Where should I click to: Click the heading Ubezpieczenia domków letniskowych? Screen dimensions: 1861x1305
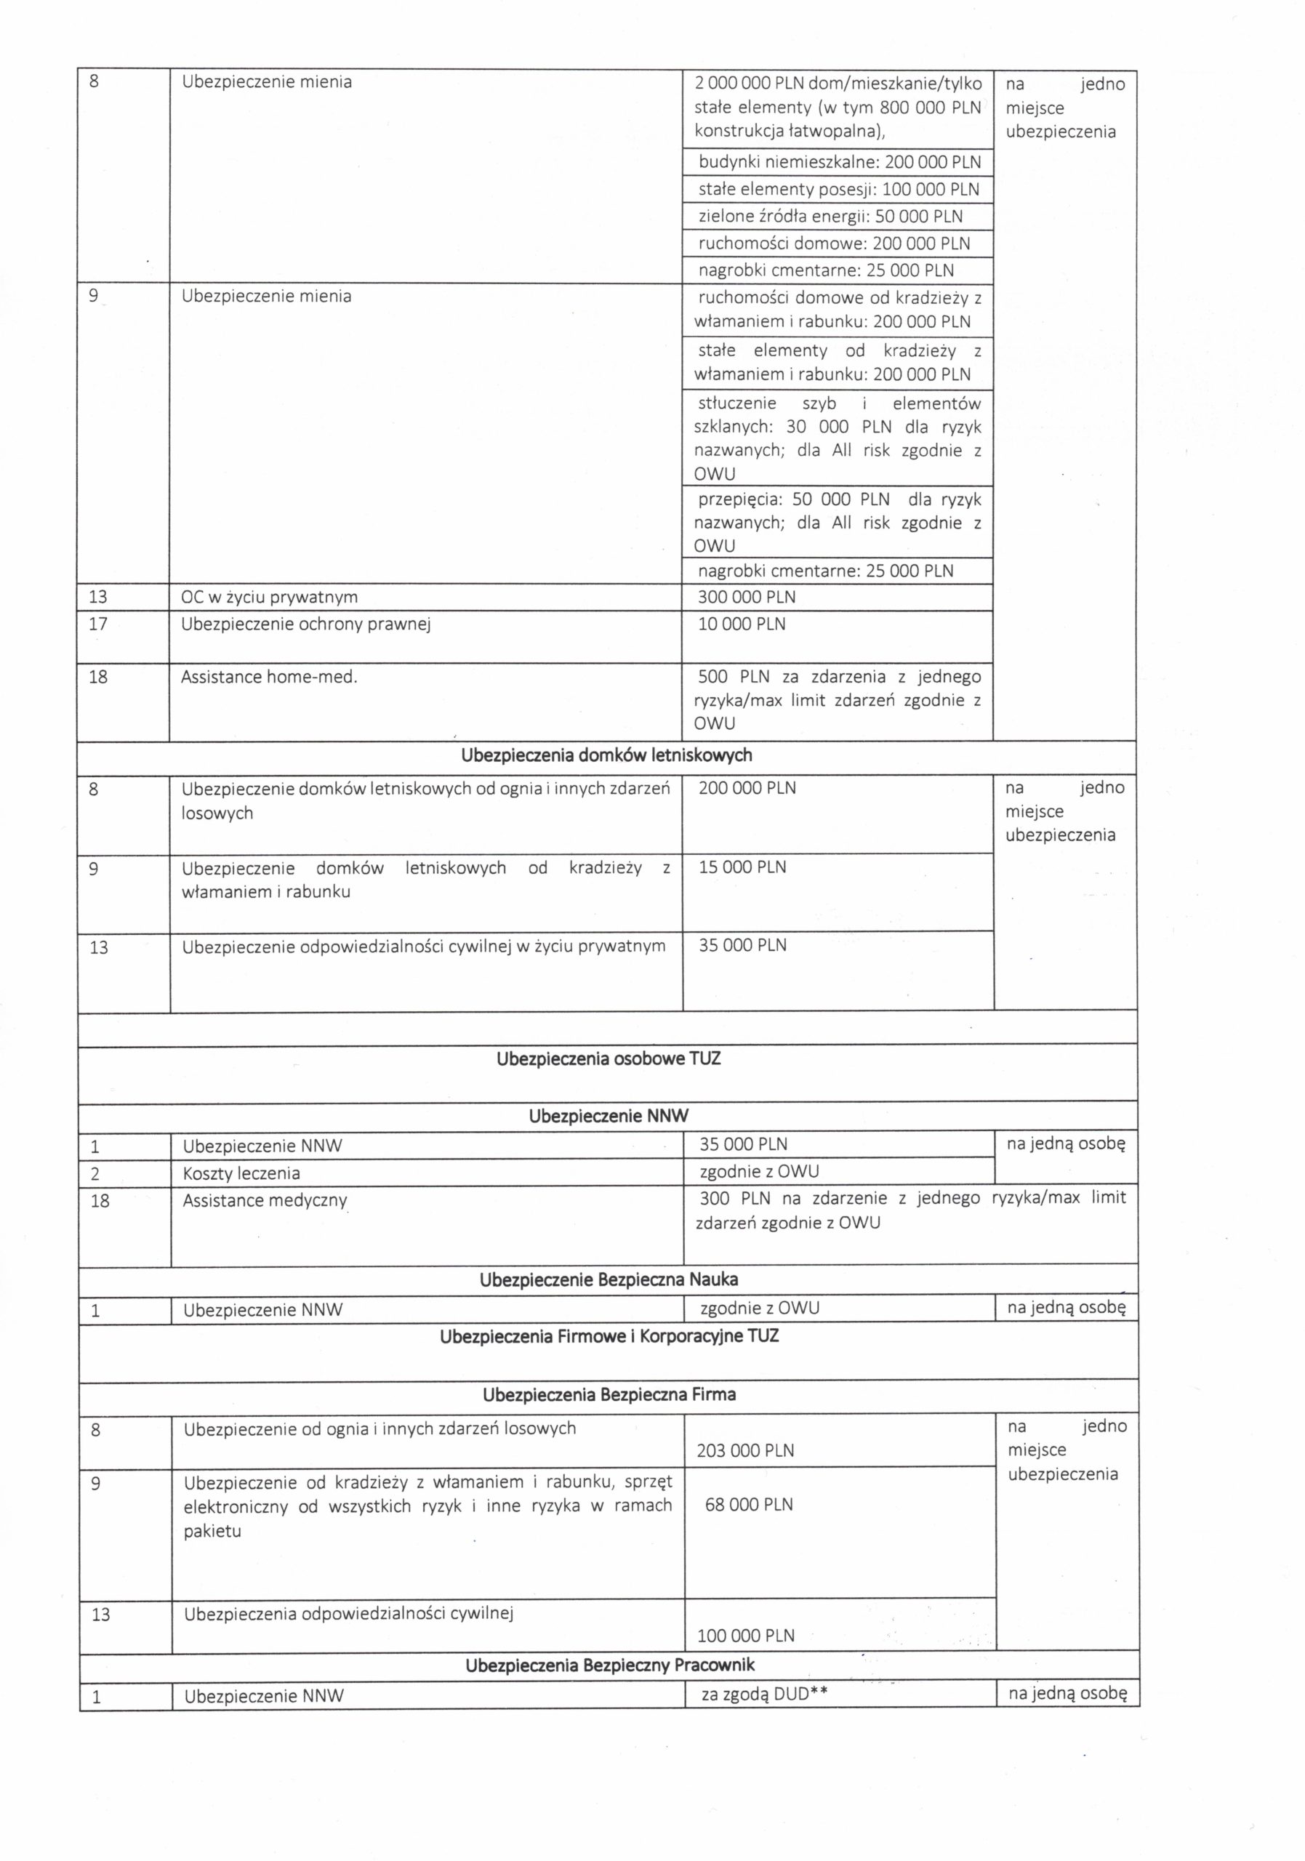coord(606,755)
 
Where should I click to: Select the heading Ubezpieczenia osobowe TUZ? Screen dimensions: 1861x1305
coord(608,1058)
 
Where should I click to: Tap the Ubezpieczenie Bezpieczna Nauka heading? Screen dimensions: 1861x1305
coord(609,1280)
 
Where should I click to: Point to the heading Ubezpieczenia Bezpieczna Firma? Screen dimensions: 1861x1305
coord(609,1395)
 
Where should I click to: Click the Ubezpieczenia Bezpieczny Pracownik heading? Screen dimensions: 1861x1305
coord(609,1665)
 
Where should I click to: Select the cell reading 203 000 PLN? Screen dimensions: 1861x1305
coord(746,1451)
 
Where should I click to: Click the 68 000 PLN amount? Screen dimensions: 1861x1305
coord(749,1504)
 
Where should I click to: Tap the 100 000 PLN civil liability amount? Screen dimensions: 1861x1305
coord(746,1635)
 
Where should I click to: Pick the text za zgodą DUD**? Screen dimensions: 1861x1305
coord(763,1694)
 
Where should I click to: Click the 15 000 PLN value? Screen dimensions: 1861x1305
coord(742,867)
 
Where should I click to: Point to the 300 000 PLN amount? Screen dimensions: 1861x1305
coord(747,598)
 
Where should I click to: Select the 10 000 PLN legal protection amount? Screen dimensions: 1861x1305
coord(742,624)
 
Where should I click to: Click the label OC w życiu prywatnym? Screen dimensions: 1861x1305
coord(269,598)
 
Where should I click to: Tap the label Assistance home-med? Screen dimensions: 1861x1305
coord(268,677)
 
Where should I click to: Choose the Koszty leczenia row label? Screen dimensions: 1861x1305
coord(241,1173)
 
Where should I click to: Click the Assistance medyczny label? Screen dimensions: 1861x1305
coord(265,1200)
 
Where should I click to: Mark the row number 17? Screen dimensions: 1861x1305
coord(97,624)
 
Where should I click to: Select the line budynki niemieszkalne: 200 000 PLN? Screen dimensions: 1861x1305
coord(839,162)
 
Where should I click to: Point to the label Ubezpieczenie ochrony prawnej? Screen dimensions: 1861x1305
coord(305,625)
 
